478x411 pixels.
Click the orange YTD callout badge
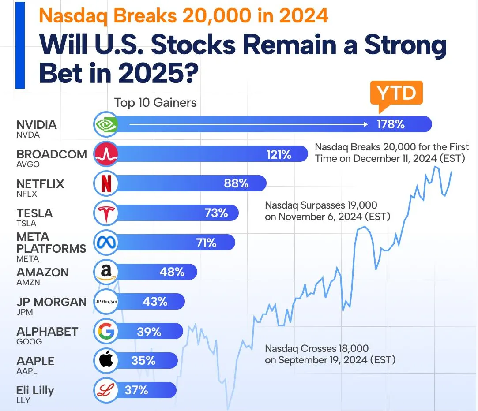point(396,93)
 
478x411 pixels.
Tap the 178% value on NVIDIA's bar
point(390,124)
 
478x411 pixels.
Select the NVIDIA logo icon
point(106,124)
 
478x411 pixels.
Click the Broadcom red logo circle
point(106,154)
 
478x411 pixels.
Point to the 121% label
point(279,154)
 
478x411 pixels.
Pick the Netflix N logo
point(106,183)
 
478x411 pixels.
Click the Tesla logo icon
point(106,213)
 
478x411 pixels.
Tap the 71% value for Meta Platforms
point(206,243)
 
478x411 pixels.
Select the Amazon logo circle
point(106,272)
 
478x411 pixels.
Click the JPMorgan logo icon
point(106,302)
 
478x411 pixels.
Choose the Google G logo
point(106,331)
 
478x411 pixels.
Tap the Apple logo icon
point(106,361)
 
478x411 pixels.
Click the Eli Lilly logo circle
point(106,390)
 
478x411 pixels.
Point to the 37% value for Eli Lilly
point(136,390)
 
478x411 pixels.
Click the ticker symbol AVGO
point(28,164)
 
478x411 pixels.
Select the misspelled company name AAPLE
point(35,361)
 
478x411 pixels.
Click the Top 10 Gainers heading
point(155,103)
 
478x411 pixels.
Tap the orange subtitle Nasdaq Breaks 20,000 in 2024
point(184,16)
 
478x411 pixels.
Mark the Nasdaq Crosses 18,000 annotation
point(330,354)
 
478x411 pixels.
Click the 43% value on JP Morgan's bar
point(155,302)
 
